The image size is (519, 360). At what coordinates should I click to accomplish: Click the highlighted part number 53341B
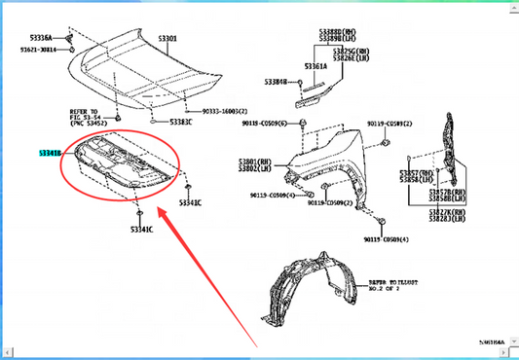(x=50, y=154)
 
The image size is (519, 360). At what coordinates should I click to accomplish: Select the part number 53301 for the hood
(x=167, y=40)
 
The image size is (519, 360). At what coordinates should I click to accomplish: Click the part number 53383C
(x=180, y=123)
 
